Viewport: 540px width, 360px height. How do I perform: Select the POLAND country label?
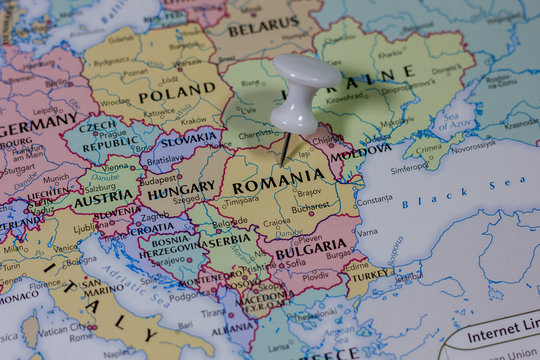click(176, 96)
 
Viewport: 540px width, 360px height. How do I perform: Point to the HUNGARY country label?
click(181, 188)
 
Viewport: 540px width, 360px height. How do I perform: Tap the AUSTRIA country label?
click(103, 197)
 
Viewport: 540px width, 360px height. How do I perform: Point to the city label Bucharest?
click(305, 210)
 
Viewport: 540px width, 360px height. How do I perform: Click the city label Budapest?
click(160, 180)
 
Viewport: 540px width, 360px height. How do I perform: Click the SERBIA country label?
click(226, 240)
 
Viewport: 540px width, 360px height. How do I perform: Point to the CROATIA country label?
click(152, 228)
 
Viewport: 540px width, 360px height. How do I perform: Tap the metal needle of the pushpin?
click(287, 148)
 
